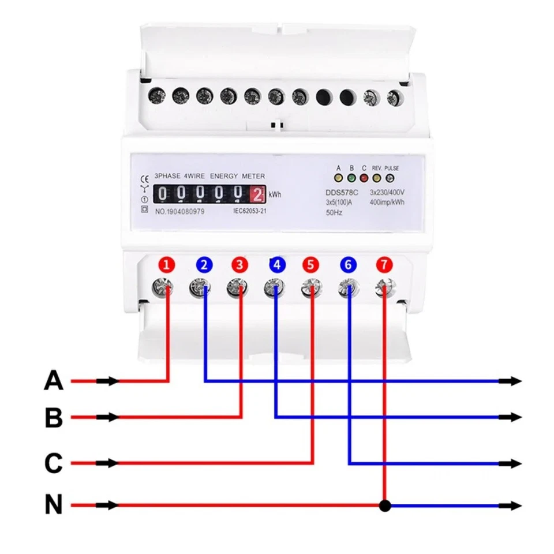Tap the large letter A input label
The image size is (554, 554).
[54, 381]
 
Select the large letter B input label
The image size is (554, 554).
[54, 417]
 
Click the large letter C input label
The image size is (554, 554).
[54, 463]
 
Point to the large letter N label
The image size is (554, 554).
[54, 506]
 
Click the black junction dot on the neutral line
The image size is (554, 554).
[385, 506]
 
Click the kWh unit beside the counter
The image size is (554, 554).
[275, 194]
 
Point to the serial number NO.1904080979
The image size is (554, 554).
[179, 211]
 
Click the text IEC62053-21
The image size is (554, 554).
[249, 211]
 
